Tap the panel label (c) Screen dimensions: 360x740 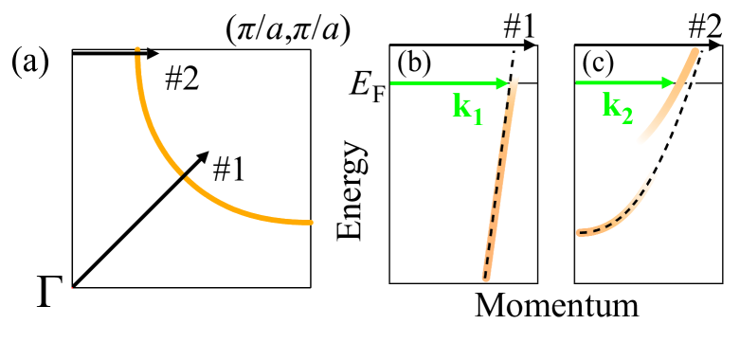point(600,63)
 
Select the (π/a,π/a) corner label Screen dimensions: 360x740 point(287,30)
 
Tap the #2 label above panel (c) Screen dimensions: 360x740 point(705,29)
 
